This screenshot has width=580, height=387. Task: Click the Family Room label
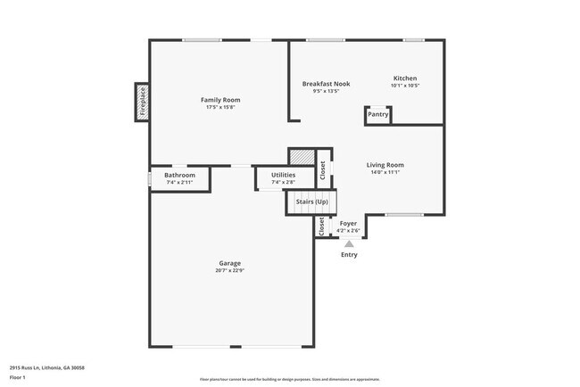point(220,100)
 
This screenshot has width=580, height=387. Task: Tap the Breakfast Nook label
point(326,84)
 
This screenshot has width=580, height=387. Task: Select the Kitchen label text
point(404,78)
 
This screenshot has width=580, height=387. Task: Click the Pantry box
point(378,114)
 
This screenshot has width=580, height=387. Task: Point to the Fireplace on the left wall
point(141,103)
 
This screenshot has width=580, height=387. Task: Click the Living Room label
point(385,165)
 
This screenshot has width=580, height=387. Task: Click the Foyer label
point(348,224)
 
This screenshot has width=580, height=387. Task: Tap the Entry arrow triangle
point(349,243)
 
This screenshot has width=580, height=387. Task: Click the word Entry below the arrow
point(349,255)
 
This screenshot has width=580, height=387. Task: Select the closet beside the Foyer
point(321,226)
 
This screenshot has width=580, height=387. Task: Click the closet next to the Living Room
point(323,169)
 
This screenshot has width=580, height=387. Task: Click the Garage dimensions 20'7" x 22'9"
point(231,270)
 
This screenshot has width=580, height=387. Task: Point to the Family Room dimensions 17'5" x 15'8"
point(220,107)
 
